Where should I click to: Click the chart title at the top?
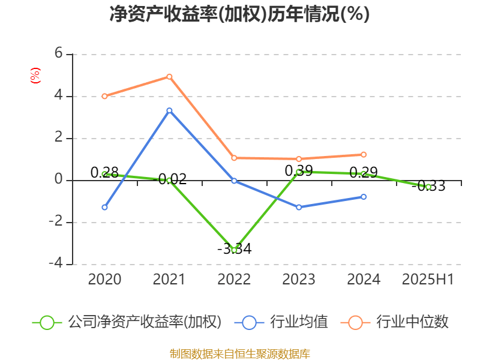239,14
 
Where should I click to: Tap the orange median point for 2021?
169,77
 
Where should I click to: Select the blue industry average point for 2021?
169,110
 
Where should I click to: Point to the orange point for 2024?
364,155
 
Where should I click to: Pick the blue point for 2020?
104,208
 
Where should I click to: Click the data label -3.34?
233,248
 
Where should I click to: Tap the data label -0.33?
428,186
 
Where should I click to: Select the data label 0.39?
298,171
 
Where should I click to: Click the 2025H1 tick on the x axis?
428,279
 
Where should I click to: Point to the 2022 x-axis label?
234,279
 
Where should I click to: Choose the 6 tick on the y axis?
59,53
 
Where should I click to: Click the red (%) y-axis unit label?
35,75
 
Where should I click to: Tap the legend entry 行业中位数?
412,322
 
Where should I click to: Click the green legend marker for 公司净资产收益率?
47,322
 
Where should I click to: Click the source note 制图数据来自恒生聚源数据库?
239,353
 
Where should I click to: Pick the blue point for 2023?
299,208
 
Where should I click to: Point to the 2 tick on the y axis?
59,138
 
